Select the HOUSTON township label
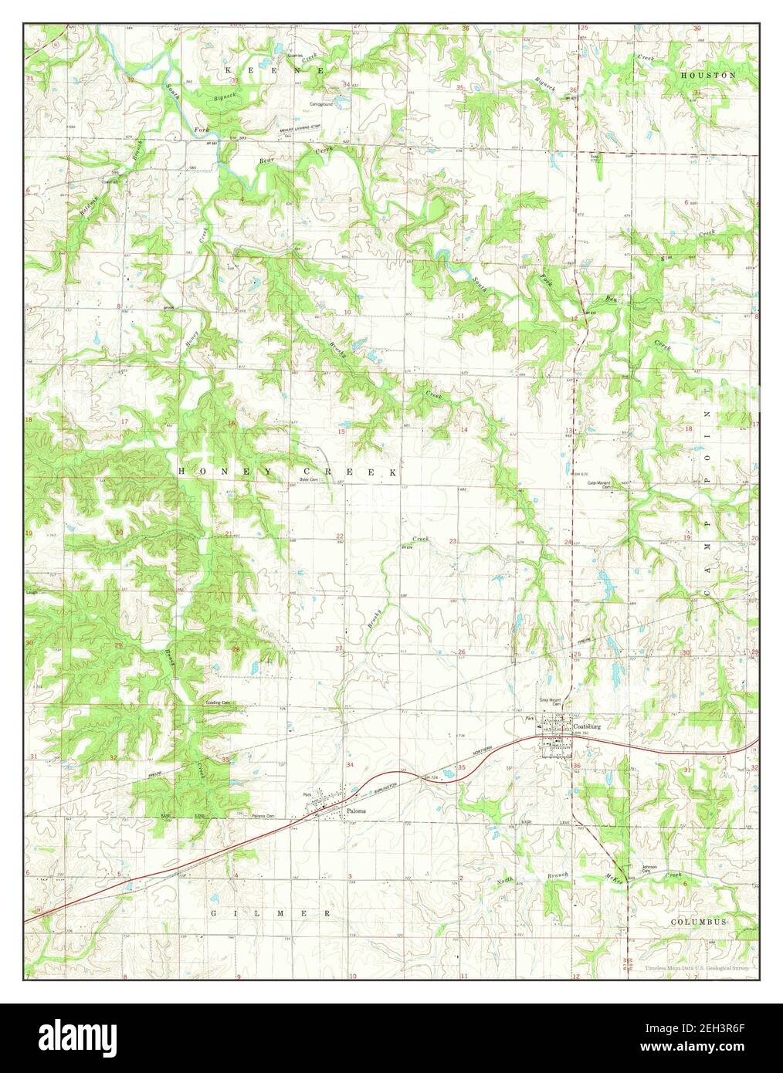pos(708,75)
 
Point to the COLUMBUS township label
pos(698,922)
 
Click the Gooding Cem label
pos(219,702)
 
